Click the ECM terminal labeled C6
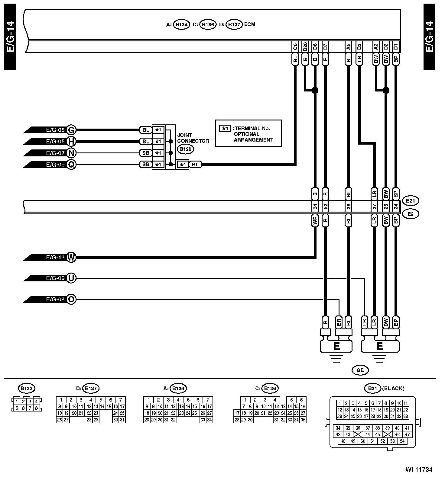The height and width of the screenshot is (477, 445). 295,47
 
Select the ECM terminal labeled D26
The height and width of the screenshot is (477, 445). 305,47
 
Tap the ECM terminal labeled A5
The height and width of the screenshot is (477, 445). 348,47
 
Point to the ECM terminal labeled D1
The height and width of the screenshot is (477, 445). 396,47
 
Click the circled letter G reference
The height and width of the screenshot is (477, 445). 71,130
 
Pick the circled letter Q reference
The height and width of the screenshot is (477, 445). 71,165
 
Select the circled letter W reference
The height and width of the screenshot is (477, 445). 71,258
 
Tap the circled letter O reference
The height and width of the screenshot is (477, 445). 71,300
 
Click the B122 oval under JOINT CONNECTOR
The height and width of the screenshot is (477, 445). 185,149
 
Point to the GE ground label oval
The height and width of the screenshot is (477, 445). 360,370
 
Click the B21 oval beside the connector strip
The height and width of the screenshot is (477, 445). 410,201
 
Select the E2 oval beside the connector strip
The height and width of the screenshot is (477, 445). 410,214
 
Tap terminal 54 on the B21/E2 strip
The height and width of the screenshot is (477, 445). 315,207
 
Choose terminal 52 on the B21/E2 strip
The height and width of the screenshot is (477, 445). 325,207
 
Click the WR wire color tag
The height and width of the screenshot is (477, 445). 315,221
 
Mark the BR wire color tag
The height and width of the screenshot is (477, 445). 339,322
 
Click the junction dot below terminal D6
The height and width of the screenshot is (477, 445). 315,90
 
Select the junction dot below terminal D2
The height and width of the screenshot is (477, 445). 386,90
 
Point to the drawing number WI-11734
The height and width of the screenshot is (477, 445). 419,469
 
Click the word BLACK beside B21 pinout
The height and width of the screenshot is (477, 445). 393,389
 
